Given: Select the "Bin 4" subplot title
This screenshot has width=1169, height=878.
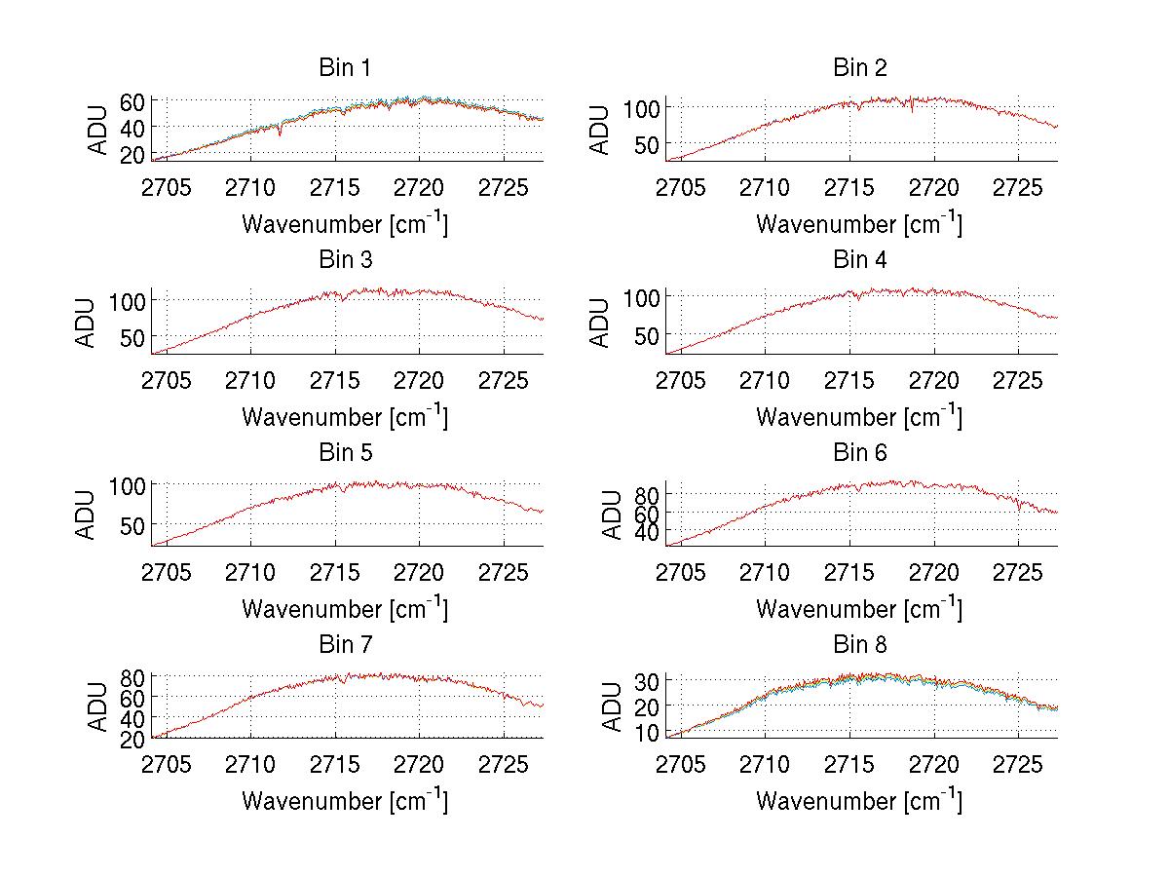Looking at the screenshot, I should pyautogui.click(x=859, y=260).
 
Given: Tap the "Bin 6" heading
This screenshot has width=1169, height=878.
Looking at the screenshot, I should pyautogui.click(x=859, y=453).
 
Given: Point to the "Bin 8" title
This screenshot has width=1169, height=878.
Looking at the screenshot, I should pyautogui.click(x=859, y=645).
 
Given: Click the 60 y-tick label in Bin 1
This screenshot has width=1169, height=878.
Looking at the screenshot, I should pyautogui.click(x=132, y=101).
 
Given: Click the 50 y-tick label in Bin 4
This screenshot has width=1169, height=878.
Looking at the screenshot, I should pyautogui.click(x=647, y=335).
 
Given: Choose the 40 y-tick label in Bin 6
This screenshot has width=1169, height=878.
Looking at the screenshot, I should pyautogui.click(x=647, y=532).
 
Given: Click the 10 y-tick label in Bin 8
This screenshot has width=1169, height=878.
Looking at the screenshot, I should pyautogui.click(x=647, y=732).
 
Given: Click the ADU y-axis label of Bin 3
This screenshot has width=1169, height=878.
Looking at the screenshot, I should pyautogui.click(x=87, y=323).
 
